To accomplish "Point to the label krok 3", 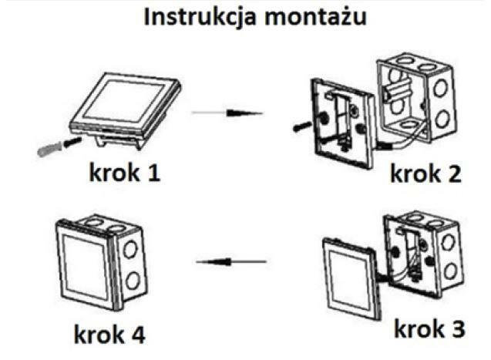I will pyautogui.click(x=430, y=330).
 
